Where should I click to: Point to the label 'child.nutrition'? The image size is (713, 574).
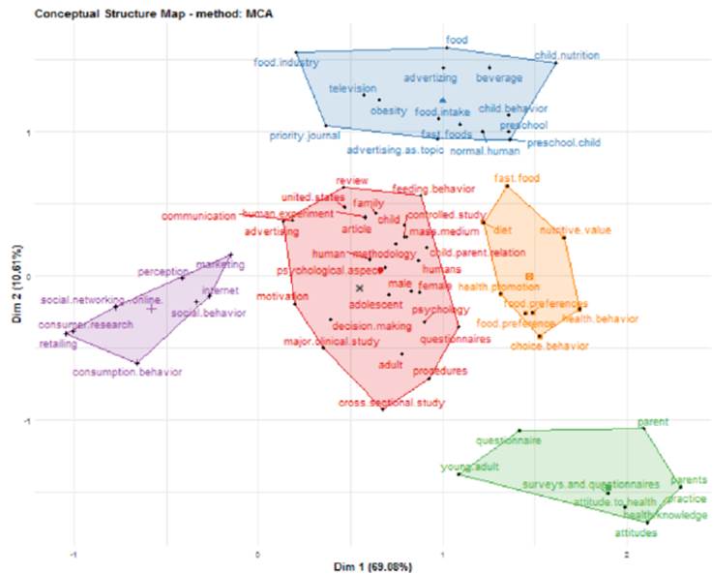coord(567,56)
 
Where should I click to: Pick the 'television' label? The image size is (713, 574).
coord(351,88)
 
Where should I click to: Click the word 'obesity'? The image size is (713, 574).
coord(389,111)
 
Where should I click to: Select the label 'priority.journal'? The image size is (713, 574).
coord(305,136)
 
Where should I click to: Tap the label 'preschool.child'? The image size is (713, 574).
coord(562,143)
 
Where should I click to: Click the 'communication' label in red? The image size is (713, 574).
coord(198,216)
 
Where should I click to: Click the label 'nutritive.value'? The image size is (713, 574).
coord(568,230)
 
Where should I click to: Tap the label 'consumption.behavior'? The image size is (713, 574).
coord(128,372)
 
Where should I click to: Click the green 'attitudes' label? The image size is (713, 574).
coord(637,532)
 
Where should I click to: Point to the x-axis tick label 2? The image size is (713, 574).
coord(627,554)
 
